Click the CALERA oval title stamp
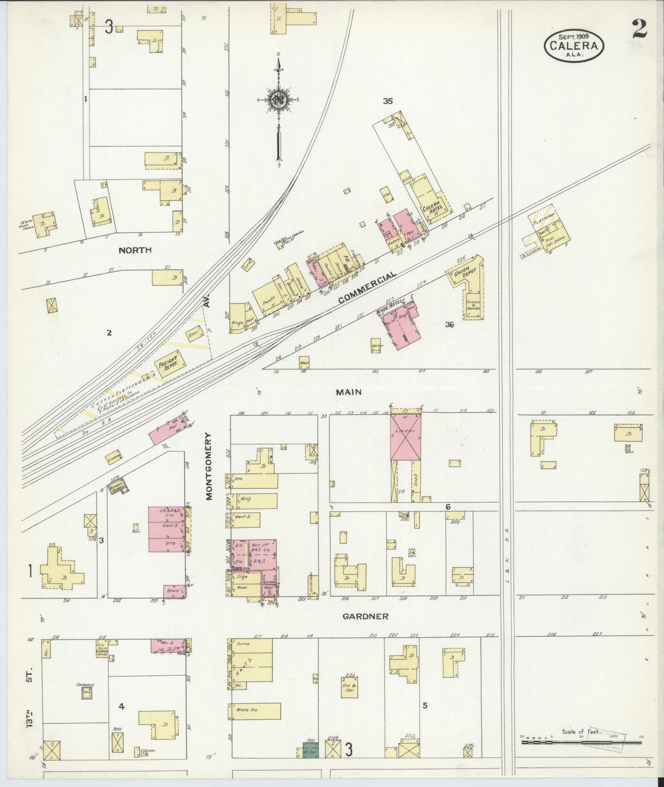pyautogui.click(x=573, y=45)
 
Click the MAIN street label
pyautogui.click(x=348, y=392)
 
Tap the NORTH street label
pyautogui.click(x=135, y=250)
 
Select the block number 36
pyautogui.click(x=449, y=324)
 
